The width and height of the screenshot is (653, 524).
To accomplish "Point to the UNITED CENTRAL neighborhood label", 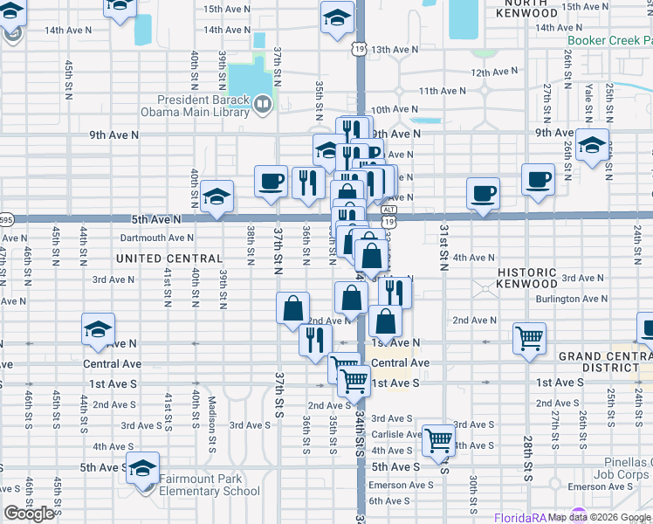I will coord(169,259).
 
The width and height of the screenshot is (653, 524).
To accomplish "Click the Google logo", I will coord(29,514).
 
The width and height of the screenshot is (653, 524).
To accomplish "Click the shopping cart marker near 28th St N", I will coord(530,336).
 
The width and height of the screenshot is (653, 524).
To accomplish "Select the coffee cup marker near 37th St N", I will coord(271,181).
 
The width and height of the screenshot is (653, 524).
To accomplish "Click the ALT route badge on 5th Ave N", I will coord(386,209).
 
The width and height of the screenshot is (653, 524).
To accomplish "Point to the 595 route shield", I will coord(5,219).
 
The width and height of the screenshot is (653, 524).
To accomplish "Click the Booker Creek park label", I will coord(609,41).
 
